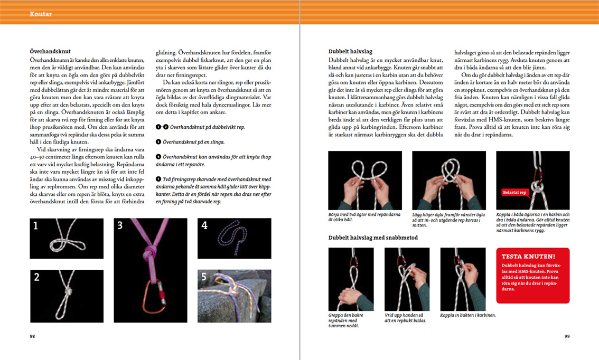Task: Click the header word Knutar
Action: pyautogui.click(x=41, y=14)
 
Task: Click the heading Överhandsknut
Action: pyautogui.click(x=51, y=52)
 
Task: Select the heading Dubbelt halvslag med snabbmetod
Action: pyautogui.click(x=373, y=238)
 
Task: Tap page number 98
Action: pyautogui.click(x=33, y=336)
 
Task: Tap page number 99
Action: pyautogui.click(x=567, y=336)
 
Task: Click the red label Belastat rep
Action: pyautogui.click(x=514, y=193)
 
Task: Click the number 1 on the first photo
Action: pyautogui.click(x=36, y=226)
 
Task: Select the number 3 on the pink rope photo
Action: pyautogui.click(x=120, y=225)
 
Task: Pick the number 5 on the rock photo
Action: pyautogui.click(x=204, y=277)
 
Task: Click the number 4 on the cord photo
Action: pyautogui.click(x=204, y=225)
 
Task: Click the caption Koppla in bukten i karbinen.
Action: pyautogui.click(x=468, y=315)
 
